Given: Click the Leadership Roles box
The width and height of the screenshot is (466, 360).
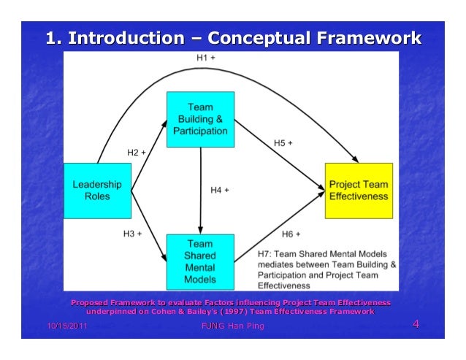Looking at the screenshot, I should [x=97, y=190].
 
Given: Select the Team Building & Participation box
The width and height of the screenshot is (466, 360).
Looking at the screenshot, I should [x=201, y=119].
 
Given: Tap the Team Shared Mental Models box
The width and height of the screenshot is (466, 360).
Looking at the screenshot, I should [x=201, y=261].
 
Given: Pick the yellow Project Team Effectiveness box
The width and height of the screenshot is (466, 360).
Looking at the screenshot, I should [x=358, y=191].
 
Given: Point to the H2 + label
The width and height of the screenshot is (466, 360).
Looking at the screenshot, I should [x=137, y=153].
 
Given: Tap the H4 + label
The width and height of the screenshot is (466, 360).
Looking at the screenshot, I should [x=220, y=191].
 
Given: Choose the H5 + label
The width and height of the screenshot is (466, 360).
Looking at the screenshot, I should [x=284, y=143].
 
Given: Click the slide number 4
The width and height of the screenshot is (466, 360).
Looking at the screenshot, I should [x=416, y=324].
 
